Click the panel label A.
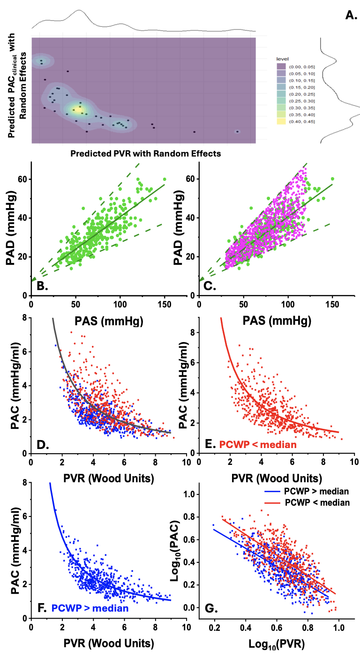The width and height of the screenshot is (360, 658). point(351,15)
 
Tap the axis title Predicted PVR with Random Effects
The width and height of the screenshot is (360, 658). point(145,153)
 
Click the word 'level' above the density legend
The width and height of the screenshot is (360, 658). point(282,58)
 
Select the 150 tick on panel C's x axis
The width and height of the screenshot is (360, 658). point(333,303)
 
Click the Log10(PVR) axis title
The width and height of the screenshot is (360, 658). point(277,643)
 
